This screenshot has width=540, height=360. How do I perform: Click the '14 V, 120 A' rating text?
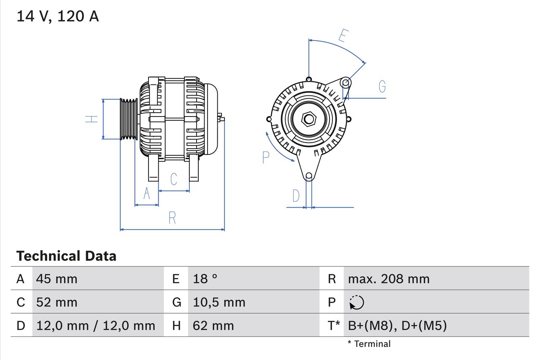(57, 16)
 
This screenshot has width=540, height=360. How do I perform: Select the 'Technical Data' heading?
(66, 256)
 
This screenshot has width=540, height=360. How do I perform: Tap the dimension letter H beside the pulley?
(92, 119)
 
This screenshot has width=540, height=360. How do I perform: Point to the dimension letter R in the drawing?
(172, 218)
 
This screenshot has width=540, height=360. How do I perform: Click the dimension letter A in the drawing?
(146, 193)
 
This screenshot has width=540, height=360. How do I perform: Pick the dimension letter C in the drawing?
(173, 179)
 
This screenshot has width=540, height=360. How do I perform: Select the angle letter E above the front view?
(343, 36)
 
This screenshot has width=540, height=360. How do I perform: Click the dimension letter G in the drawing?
(382, 87)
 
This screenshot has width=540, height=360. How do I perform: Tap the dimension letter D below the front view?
(296, 196)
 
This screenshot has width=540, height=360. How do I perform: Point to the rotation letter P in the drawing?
(265, 157)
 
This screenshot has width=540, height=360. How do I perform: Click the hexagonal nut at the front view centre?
(309, 119)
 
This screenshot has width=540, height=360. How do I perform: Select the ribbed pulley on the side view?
(129, 119)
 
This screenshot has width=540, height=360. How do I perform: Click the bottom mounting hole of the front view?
(309, 176)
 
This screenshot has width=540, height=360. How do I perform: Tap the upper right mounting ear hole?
(346, 82)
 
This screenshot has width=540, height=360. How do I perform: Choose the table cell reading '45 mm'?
(57, 279)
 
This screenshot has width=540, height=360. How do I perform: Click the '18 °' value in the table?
(205, 279)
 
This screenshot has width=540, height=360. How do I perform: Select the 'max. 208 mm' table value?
(389, 279)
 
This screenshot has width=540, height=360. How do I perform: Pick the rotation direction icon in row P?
(356, 303)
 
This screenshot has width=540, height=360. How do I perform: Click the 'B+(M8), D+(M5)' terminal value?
(397, 325)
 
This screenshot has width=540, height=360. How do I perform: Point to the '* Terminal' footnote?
(369, 344)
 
